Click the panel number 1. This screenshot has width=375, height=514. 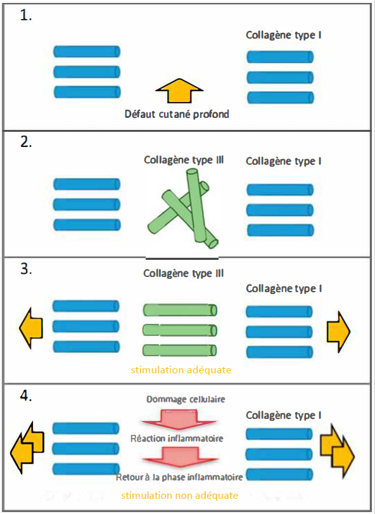pos(26,15)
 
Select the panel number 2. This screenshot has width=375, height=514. pos(26,141)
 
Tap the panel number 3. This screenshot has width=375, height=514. pos(26,269)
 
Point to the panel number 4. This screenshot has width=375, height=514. pos(26,396)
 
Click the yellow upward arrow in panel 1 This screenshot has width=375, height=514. pos(179,91)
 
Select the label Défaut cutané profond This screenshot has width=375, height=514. pos(177,114)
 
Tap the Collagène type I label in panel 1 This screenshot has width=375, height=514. pos(284,35)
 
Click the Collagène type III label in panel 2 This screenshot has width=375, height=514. pos(184,160)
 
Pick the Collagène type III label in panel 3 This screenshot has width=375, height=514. pos(184,273)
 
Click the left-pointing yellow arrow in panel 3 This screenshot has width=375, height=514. pos(31,328)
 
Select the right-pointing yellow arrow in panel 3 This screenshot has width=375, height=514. pos(339,331)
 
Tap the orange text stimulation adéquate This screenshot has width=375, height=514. pos(181,370)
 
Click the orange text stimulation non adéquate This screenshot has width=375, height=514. pos(179,496)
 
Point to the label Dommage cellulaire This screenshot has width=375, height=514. pos(186,399)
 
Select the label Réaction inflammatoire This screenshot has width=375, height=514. pos(177,439)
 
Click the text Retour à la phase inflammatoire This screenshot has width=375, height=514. pos(179,477)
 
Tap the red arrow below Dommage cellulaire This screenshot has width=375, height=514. pos(179,420)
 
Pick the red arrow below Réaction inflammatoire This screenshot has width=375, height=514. pos(181,457)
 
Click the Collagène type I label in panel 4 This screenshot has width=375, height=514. pos(284,415)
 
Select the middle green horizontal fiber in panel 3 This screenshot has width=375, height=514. pos(180,330)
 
